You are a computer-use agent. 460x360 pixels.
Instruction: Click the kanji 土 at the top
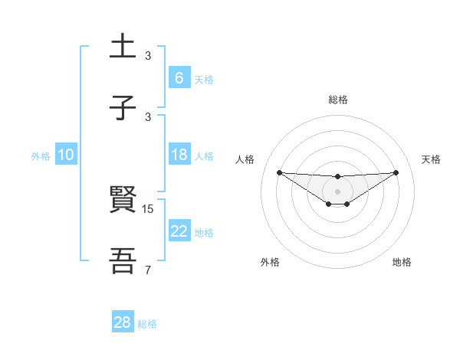point(123,47)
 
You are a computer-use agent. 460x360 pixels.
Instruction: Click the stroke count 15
point(149,208)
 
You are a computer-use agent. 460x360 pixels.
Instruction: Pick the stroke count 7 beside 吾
point(148,270)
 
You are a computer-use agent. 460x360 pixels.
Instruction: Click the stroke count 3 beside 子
point(148,116)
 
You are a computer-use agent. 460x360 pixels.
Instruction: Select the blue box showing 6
point(179,77)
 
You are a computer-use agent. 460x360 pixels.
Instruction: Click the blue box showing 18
point(179,155)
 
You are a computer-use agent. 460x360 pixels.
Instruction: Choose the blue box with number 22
point(179,231)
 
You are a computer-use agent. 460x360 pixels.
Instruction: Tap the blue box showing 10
point(65,155)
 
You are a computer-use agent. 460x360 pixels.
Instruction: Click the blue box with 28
point(122,322)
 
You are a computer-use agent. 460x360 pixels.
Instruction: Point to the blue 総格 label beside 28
point(147,324)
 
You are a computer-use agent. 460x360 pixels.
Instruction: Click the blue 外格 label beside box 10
point(41,156)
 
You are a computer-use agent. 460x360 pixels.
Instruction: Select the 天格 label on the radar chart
point(431,159)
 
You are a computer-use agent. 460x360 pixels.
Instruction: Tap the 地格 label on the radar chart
point(402,262)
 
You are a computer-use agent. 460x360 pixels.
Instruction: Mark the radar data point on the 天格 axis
point(396,172)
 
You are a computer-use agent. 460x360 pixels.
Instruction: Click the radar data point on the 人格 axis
point(279,172)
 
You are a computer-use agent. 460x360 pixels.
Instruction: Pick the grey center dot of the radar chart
point(337,191)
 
